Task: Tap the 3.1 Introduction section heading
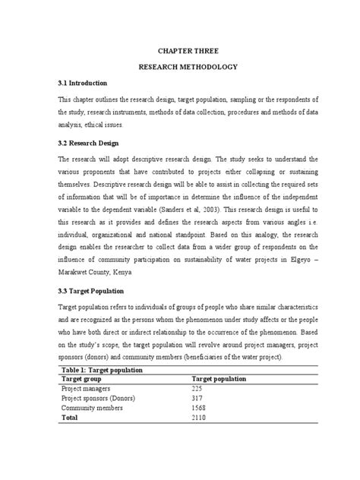pos(83,82)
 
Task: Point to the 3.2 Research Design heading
pos(89,142)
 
